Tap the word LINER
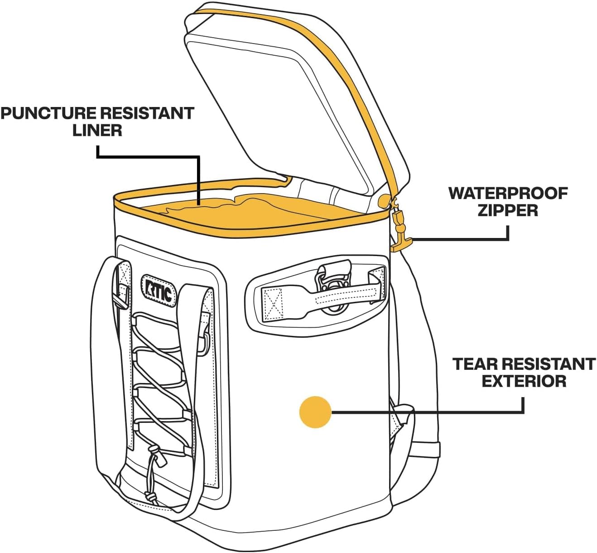pyautogui.click(x=97, y=131)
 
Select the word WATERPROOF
pyautogui.click(x=508, y=193)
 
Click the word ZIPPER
pyautogui.click(x=508, y=210)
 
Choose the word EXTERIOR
pyautogui.click(x=524, y=381)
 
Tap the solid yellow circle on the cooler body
pyautogui.click(x=315, y=412)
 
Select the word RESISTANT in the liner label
pyautogui.click(x=147, y=113)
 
